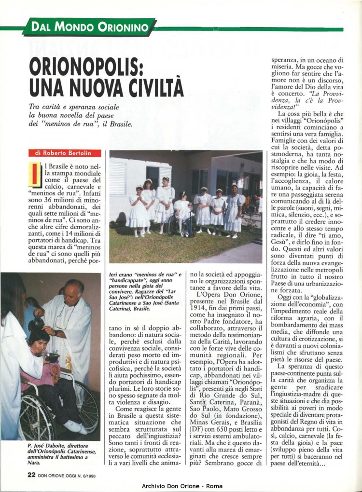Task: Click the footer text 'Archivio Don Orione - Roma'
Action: coord(182,485)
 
